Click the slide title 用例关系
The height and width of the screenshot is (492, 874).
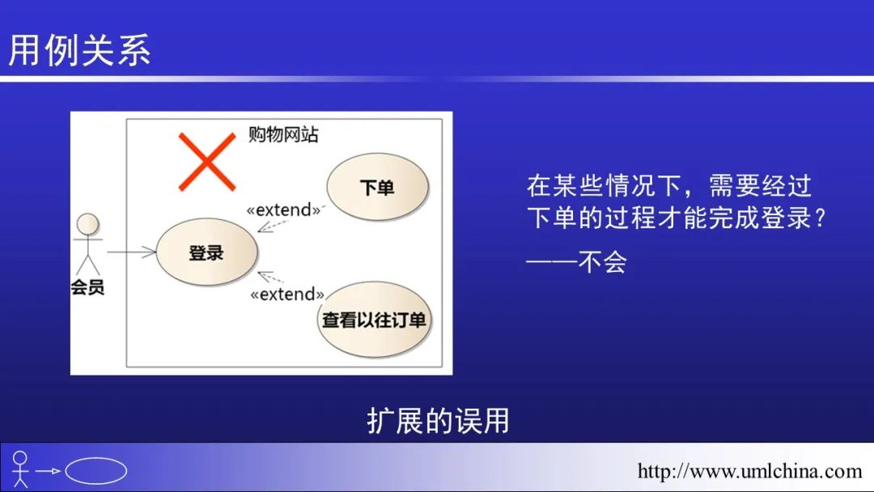(79, 50)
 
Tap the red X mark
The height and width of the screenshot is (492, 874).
(207, 162)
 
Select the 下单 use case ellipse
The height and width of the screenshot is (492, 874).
(377, 187)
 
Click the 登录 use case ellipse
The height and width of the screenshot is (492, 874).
(207, 252)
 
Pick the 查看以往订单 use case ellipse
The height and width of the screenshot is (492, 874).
(375, 320)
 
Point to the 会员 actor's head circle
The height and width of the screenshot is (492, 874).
(88, 224)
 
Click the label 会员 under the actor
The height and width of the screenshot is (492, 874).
(87, 287)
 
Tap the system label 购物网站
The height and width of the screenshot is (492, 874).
(283, 134)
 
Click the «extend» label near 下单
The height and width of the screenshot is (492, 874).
(284, 210)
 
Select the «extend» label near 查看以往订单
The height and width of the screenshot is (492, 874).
(287, 294)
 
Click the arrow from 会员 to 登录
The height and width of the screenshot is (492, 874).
(131, 252)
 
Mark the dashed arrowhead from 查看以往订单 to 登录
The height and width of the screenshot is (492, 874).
(265, 275)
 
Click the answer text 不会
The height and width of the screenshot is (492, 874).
(603, 261)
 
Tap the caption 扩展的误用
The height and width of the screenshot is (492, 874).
(438, 420)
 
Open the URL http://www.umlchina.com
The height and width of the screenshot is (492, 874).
(749, 472)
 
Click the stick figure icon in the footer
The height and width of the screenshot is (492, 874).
(20, 469)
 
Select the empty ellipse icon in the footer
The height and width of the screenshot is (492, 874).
(95, 471)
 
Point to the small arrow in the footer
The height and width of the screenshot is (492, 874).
(48, 471)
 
